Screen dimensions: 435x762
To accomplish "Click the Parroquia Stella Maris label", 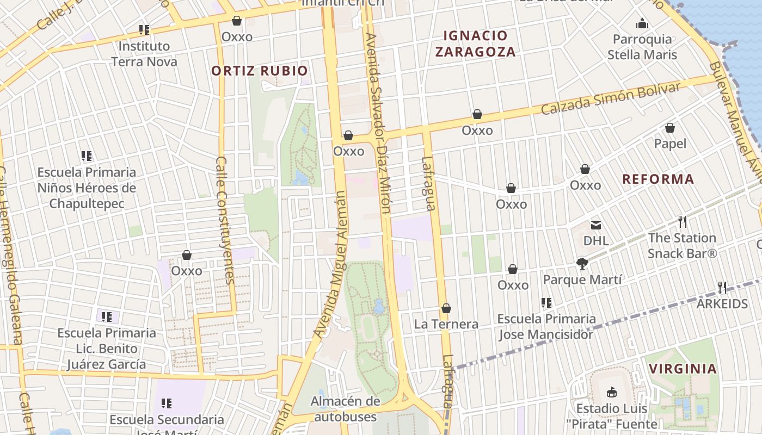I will [642, 47].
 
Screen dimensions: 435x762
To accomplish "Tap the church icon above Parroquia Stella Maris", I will [642, 23].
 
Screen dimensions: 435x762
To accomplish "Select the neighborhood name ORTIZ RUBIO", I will [260, 71].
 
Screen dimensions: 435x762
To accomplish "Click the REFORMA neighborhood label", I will [658, 179].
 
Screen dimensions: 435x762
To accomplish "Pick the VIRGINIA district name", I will [683, 369].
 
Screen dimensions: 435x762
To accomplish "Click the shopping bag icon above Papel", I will [670, 128].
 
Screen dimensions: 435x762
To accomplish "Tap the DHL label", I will [596, 240].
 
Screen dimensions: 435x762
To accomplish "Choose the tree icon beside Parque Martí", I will [582, 264].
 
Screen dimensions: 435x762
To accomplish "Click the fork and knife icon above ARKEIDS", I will [722, 287].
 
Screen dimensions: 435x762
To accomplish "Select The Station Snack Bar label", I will [682, 246].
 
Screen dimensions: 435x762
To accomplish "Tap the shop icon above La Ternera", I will [446, 308].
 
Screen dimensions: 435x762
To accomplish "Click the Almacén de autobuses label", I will [345, 409].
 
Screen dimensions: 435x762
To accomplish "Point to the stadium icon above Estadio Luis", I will [612, 392].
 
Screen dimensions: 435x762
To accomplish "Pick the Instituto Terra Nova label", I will [144, 54].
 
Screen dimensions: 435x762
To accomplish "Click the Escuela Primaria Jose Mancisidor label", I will [546, 326].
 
